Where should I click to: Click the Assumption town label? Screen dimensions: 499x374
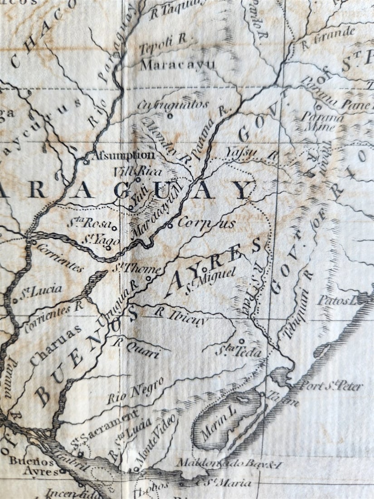click(123, 155)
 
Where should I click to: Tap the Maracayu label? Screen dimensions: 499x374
click(177, 64)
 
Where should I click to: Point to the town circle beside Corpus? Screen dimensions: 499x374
click(170, 225)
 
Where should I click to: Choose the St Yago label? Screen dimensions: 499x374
click(101, 240)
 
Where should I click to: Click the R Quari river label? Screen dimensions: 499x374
click(136, 347)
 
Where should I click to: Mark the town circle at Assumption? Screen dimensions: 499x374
click(87, 160)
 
